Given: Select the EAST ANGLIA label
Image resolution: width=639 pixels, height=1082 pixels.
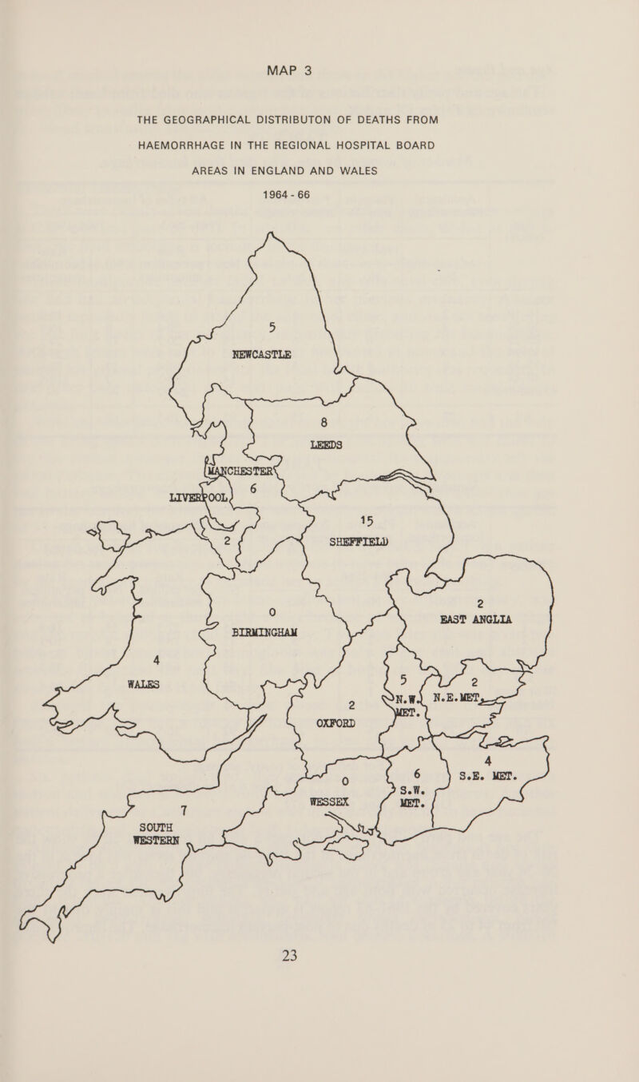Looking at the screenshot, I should [x=478, y=619].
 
